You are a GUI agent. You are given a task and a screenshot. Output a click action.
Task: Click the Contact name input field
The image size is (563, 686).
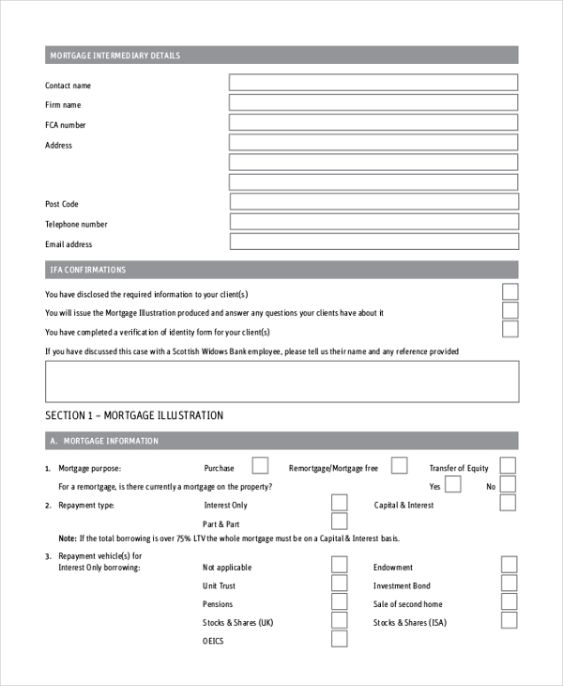tap(373, 83)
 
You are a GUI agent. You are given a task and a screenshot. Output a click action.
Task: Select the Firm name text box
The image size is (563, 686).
tap(373, 102)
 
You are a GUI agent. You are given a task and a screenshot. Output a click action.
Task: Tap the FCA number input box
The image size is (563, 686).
tap(373, 122)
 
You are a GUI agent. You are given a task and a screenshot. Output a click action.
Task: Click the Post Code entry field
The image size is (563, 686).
tap(373, 201)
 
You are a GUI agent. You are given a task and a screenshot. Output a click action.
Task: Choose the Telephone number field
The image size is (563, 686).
tap(373, 222)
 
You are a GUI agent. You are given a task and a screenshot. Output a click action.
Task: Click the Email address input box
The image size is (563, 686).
tap(373, 242)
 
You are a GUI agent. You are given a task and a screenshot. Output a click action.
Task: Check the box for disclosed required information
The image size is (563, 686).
tap(510, 291)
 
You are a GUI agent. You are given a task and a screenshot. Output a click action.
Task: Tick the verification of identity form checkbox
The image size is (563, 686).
tap(510, 329)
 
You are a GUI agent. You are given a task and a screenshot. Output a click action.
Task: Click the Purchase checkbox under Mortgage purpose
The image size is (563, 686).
tap(260, 465)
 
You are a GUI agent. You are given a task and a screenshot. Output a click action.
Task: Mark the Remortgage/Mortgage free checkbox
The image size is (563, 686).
tap(399, 465)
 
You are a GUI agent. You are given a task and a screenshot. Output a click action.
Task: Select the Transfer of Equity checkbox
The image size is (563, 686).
tap(508, 465)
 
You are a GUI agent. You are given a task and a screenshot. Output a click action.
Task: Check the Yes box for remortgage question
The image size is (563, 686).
tap(452, 485)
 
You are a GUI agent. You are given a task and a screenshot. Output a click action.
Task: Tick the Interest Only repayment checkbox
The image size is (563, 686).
tap(339, 503)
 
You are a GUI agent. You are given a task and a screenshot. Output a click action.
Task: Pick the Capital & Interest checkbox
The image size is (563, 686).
tap(508, 503)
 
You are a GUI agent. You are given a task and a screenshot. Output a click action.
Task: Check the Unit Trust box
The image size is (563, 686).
tap(339, 584)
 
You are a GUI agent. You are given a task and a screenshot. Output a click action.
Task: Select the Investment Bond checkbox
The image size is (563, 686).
tap(509, 584)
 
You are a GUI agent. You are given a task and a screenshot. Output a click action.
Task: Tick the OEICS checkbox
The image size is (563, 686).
tap(339, 639)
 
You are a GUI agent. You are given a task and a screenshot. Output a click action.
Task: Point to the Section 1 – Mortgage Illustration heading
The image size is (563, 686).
tap(134, 414)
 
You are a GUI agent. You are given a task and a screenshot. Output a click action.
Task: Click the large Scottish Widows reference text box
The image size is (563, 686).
tap(281, 381)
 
